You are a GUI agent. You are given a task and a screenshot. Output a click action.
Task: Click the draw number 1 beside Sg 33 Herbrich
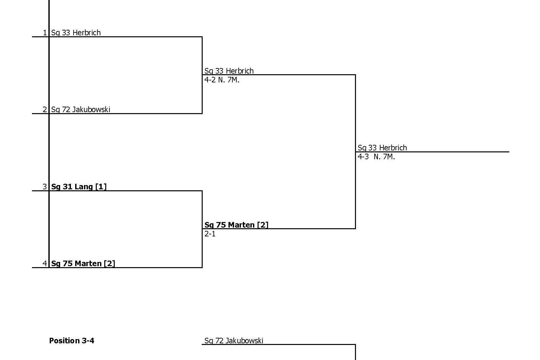coord(45,33)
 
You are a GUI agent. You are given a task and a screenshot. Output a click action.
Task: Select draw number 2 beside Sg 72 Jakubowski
coord(45,110)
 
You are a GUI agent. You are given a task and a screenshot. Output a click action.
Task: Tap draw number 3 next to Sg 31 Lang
coord(45,187)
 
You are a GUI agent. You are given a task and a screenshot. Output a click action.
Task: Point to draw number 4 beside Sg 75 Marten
coord(45,264)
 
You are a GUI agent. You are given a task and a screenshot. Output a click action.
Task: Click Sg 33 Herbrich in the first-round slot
coord(76,33)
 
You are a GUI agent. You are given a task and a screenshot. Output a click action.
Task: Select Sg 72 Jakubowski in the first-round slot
coord(80,110)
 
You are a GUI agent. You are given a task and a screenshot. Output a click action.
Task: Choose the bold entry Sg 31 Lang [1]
coord(79,187)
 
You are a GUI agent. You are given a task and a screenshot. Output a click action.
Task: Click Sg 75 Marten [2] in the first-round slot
coord(83,264)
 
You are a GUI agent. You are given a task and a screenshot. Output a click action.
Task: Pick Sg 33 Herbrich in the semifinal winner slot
coord(229,71)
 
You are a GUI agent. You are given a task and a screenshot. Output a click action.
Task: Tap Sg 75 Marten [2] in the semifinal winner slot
coord(236,225)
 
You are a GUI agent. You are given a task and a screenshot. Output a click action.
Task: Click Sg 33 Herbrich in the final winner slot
coord(382,148)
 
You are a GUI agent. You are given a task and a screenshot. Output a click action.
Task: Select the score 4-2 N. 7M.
coord(222,80)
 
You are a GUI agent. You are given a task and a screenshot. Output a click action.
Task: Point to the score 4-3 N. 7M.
coord(376,157)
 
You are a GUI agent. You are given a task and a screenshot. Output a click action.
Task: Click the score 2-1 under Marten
coord(210,234)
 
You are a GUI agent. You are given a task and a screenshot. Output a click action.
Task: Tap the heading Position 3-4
coord(72,341)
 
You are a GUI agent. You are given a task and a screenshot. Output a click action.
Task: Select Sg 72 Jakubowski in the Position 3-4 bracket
coord(234,341)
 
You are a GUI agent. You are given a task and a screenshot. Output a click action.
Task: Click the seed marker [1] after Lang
coord(101,187)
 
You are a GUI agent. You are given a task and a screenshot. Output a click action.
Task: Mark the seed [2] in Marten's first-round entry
coord(110,264)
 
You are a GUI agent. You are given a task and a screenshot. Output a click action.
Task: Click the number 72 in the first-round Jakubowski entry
coord(66,110)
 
